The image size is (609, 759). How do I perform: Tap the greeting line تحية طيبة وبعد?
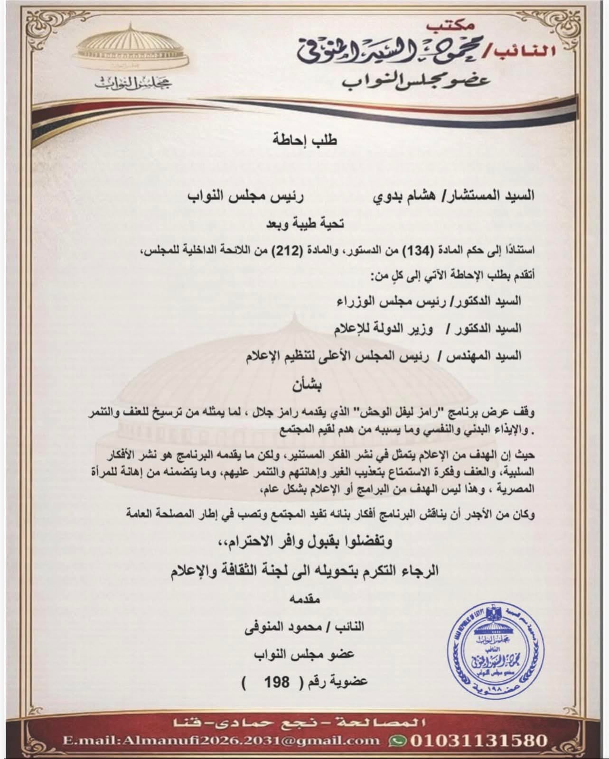coord(304,223)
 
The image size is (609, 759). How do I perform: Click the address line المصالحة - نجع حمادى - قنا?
coord(304,723)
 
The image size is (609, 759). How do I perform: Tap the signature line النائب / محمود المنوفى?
coord(304,627)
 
